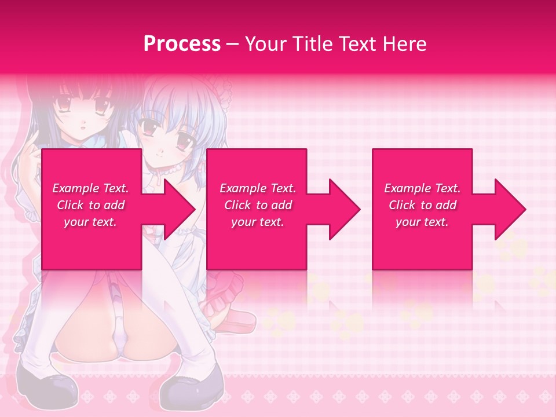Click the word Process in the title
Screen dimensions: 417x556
coord(182,43)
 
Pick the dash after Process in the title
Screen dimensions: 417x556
coord(233,45)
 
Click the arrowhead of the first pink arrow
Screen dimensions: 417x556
coord(180,209)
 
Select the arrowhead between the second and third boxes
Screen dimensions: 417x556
coord(344,209)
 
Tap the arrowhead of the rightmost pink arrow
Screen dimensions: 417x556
coord(510,209)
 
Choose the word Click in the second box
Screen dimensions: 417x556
coord(238,205)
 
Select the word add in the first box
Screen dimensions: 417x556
coord(114,205)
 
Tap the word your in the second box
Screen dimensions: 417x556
coord(243,222)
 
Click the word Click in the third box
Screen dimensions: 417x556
coord(403,205)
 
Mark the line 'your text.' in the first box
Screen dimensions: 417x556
coord(90,222)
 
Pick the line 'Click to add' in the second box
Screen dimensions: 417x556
coord(258,205)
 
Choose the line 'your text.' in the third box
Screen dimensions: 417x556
coord(422,222)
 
